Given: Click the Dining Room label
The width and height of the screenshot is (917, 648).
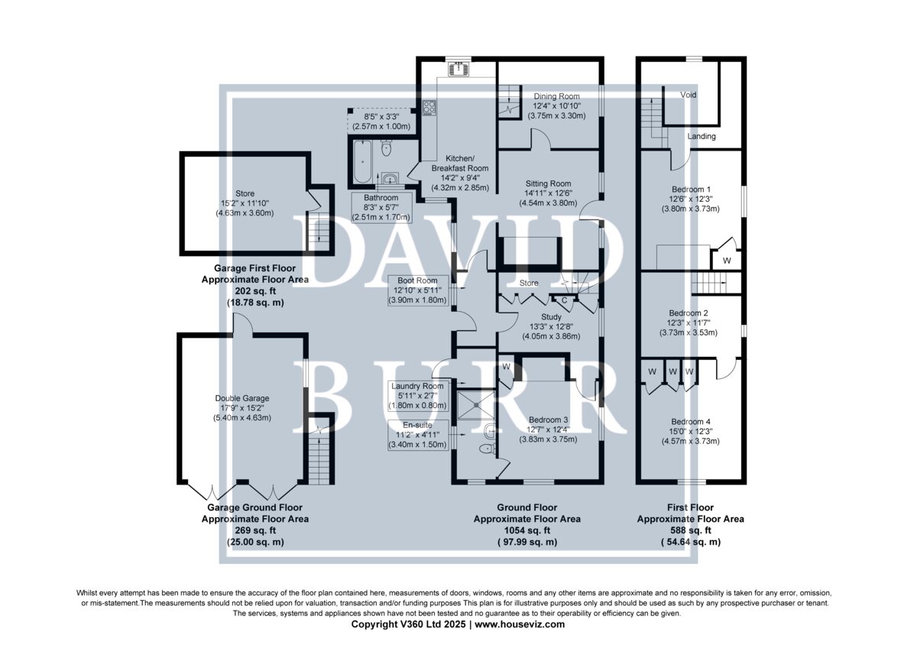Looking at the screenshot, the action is (x=556, y=96).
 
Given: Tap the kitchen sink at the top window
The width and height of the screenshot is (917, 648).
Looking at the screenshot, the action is (x=459, y=68).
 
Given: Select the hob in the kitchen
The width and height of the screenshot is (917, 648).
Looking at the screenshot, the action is (x=429, y=108).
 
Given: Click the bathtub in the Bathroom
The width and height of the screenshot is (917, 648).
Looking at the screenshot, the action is (x=362, y=162).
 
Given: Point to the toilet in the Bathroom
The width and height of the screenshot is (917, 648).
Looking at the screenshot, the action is (x=386, y=147).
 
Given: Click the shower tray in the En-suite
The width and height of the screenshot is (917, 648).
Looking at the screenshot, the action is (x=476, y=405).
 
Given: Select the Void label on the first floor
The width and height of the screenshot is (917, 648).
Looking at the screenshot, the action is (x=689, y=95).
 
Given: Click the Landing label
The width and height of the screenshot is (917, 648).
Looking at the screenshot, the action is (x=702, y=136).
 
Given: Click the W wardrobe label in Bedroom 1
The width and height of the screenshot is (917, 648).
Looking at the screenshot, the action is (x=727, y=261).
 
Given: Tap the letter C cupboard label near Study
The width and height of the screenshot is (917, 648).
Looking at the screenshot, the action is (x=564, y=300).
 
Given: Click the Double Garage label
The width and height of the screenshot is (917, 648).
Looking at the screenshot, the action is (x=242, y=398).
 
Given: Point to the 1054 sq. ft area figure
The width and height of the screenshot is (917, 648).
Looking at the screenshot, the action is (x=527, y=530).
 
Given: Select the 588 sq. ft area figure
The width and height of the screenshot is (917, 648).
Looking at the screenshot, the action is (x=690, y=530).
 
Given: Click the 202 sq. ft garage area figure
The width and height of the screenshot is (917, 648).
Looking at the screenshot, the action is (x=255, y=291).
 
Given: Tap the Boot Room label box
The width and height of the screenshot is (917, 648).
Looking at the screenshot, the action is (x=417, y=290).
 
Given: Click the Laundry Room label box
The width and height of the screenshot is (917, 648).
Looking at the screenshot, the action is (x=417, y=396).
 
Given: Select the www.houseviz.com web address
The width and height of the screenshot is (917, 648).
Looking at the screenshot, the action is (x=520, y=624).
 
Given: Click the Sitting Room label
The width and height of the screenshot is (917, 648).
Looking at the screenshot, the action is (x=548, y=183).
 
